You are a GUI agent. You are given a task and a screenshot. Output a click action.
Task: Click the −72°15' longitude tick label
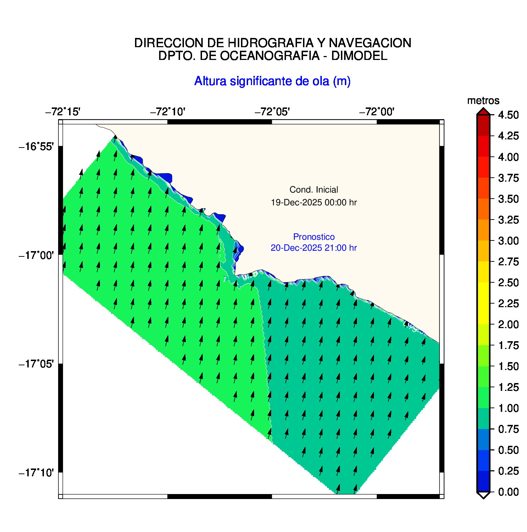tap(63, 112)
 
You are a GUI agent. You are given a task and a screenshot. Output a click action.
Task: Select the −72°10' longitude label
tap(168, 112)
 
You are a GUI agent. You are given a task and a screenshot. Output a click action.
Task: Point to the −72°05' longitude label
tap(272, 112)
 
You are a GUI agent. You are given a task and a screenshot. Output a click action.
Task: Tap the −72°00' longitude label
tap(377, 112)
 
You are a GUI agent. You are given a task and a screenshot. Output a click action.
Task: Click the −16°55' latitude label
tap(37, 146)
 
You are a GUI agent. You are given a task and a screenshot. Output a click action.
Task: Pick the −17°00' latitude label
tap(37, 255)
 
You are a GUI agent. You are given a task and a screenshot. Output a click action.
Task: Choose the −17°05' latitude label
tap(37, 364)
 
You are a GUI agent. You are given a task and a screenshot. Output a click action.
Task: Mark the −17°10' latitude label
tap(37, 473)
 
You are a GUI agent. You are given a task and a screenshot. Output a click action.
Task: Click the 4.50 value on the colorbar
tap(508, 115)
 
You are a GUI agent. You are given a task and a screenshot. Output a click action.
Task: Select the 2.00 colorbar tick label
tap(508, 324)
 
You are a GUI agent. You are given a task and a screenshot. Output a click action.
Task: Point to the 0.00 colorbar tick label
tap(508, 492)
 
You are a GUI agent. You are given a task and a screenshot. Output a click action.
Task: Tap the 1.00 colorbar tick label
tap(508, 408)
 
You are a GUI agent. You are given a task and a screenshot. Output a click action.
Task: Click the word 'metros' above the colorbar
tap(483, 101)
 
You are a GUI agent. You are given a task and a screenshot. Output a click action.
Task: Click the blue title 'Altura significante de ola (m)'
tap(272, 81)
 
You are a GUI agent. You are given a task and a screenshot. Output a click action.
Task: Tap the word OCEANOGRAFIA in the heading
tap(270, 56)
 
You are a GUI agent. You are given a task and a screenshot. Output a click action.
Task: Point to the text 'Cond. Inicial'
tap(314, 190)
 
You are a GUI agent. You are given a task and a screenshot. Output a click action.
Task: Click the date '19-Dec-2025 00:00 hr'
tap(314, 203)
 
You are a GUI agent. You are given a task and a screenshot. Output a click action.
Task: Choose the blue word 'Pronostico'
tap(314, 237)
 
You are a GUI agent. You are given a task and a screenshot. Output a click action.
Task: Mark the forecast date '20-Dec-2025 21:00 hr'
tap(314, 248)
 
